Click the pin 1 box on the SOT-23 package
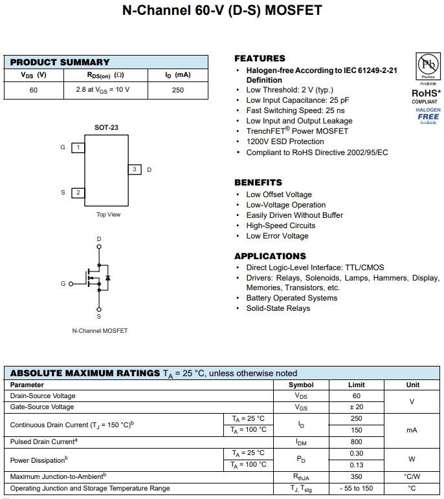[78, 147]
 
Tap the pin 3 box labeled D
[134, 169]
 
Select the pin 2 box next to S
[78, 193]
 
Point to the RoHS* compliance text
[426, 93]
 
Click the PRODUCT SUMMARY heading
[60, 62]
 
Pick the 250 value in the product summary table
[178, 90]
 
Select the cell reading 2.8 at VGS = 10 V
[98, 90]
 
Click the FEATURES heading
[260, 58]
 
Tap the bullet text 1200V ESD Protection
[285, 142]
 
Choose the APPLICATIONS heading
[270, 256]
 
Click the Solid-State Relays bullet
[278, 308]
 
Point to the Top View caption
[108, 215]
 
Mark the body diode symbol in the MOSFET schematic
[107, 278]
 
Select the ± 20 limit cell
[356, 407]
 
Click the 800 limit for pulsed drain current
[356, 441]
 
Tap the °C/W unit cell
[412, 476]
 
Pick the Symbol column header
[301, 385]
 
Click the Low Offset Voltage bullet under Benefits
[279, 195]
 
